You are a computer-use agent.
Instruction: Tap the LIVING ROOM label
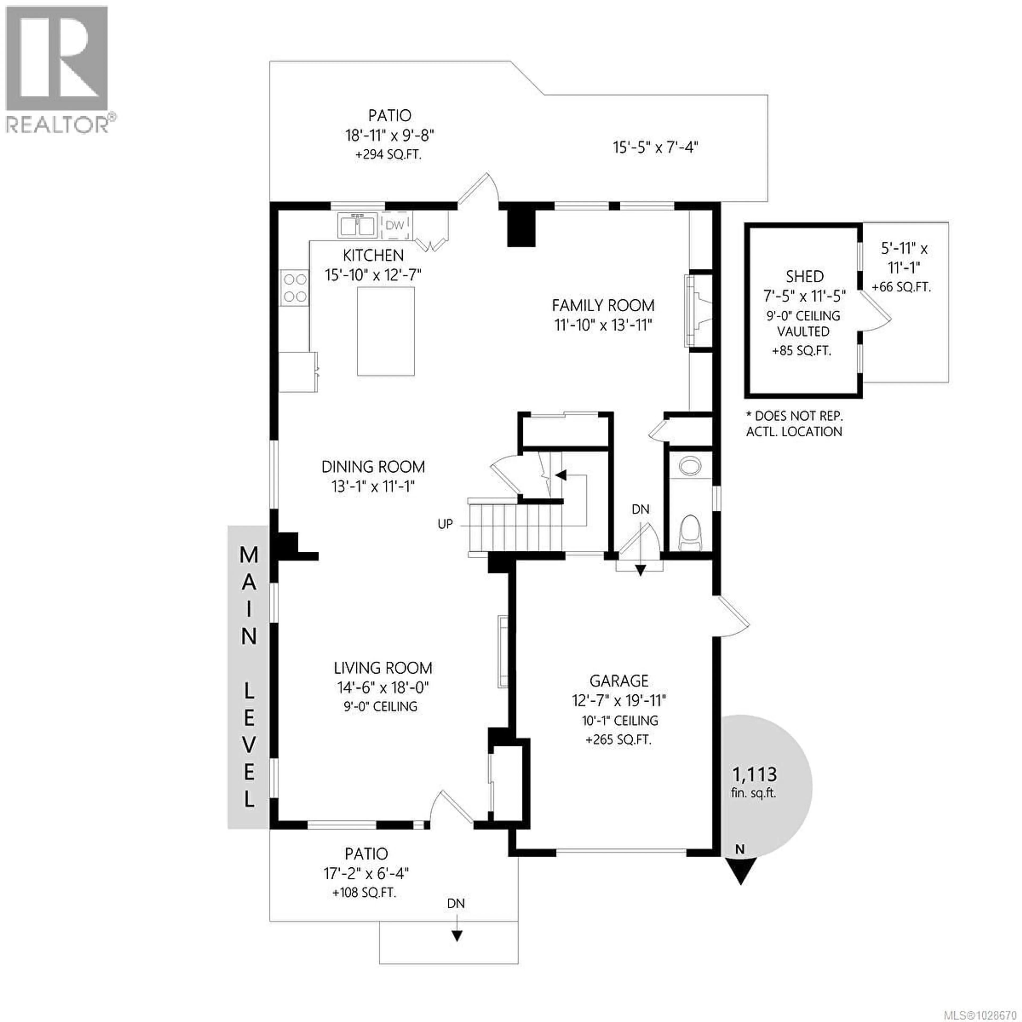coord(383,668)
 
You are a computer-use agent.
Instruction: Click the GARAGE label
coord(619,681)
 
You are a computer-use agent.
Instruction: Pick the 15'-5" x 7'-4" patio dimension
coord(656,147)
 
